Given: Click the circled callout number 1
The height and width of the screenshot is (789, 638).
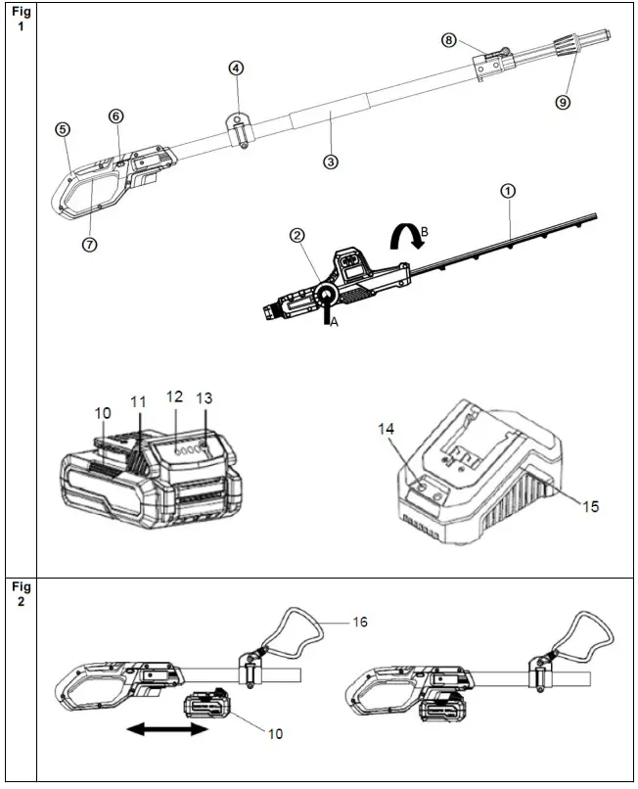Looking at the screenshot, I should [507, 191].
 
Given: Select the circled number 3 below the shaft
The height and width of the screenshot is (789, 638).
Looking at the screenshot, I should [331, 162].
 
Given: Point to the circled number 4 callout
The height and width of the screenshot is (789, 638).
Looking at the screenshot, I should [236, 69].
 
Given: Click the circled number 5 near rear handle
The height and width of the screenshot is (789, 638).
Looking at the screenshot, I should [63, 129].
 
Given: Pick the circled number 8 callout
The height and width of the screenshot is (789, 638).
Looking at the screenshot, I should [449, 40].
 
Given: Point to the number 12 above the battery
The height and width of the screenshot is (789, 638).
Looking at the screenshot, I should [175, 397].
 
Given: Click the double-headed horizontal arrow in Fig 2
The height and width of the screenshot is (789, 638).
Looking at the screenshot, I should [165, 729].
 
